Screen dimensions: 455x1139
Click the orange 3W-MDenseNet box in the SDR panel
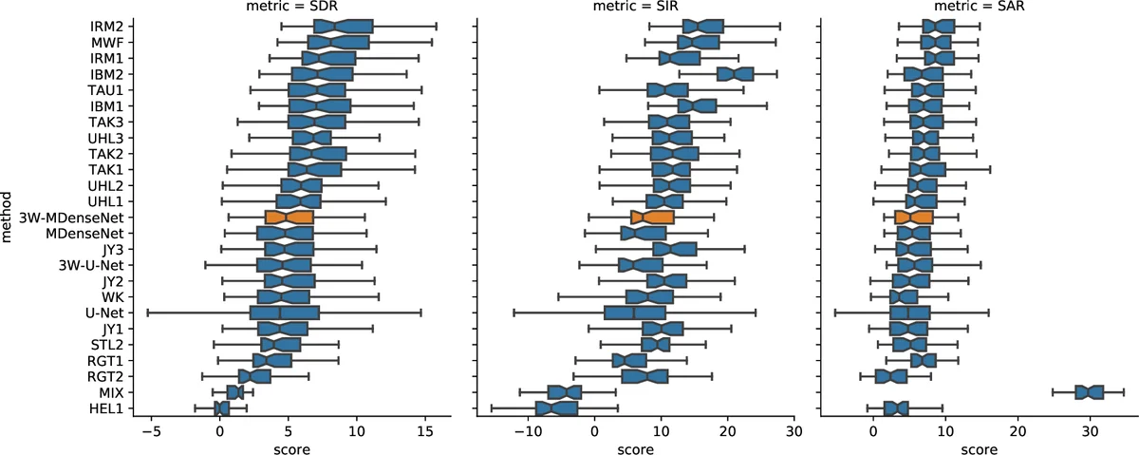tap(289, 218)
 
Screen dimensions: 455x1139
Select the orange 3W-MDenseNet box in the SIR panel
tap(652, 218)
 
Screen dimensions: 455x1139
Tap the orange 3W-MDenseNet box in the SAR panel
tap(914, 218)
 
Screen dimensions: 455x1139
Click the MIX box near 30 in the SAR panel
tap(1089, 392)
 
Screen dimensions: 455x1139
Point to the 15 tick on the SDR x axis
tap(425, 429)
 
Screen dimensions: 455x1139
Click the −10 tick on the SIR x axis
tap(527, 429)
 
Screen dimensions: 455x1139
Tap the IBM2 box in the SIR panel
tap(736, 74)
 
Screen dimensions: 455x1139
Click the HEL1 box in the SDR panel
tap(222, 408)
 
